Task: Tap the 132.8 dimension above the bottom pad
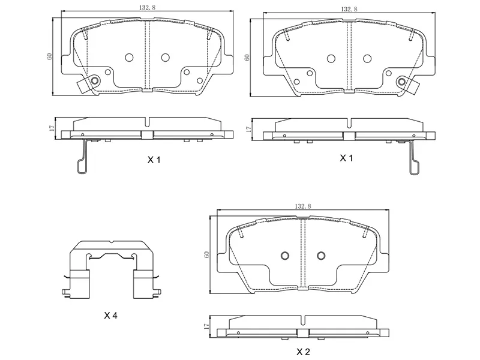[302, 206]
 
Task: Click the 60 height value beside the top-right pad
[247, 56]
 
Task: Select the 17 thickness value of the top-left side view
[52, 128]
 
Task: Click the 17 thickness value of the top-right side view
[248, 128]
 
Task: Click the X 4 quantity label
[110, 315]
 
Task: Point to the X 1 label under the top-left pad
[155, 160]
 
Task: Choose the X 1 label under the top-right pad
[347, 158]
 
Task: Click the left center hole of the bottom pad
[285, 254]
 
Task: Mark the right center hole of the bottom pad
[320, 254]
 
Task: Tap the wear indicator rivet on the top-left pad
[94, 81]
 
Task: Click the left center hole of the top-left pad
[128, 58]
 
